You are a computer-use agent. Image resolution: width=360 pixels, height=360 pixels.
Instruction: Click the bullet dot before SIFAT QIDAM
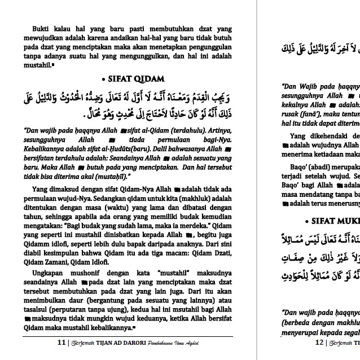pos(104,78)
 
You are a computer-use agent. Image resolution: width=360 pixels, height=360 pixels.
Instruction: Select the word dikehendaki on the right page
pos(334,135)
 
